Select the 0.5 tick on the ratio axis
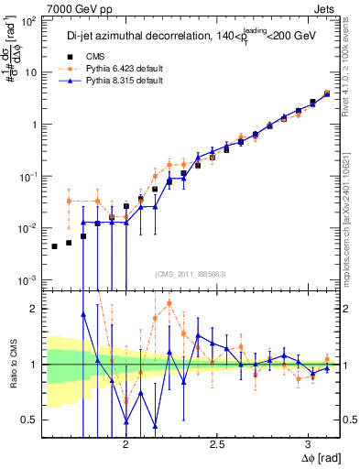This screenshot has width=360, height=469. pos(30,420)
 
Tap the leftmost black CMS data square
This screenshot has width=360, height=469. pos(54,246)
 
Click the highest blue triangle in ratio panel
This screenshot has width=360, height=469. pos(83,314)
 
